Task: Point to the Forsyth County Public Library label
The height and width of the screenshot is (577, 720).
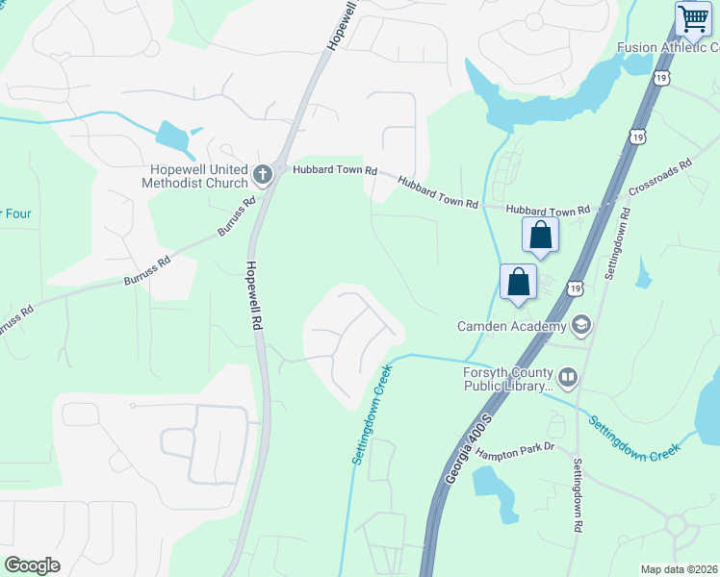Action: pos(508,380)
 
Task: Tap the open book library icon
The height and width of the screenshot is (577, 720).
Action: pos(568,379)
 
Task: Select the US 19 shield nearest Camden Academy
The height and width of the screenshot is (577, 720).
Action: pos(575,287)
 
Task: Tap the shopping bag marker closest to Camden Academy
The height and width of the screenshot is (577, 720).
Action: pos(518,284)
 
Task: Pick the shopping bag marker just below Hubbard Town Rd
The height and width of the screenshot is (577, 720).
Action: pos(541,237)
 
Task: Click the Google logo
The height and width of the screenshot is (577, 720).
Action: pos(32,565)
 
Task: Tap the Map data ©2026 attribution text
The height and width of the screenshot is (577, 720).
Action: pos(680,569)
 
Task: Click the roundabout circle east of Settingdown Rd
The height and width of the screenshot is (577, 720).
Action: pos(675,525)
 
